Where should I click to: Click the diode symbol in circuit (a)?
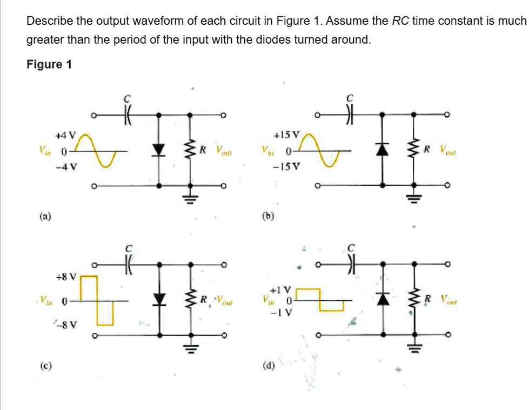coord(158,150)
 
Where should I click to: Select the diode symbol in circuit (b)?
coord(383,150)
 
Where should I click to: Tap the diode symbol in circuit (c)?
coord(158,299)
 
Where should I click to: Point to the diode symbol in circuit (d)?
coord(383,299)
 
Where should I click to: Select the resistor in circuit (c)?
coord(190,299)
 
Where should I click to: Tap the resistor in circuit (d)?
coord(414,299)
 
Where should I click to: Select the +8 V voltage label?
coord(71,277)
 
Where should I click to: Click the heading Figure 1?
coord(49,64)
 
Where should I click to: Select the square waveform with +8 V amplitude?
coord(97,300)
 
